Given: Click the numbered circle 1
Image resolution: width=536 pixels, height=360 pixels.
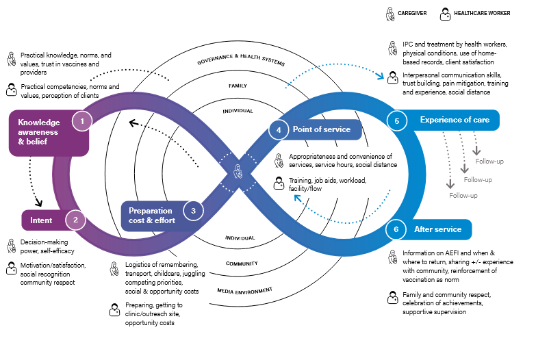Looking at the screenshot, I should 82,121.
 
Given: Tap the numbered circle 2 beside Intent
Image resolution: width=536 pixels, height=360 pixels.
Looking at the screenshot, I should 75,220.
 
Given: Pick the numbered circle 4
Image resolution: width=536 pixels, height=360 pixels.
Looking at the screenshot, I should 279,129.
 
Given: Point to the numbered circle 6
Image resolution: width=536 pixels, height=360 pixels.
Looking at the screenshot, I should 396,229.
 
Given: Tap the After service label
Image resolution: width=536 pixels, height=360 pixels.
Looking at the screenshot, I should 438,229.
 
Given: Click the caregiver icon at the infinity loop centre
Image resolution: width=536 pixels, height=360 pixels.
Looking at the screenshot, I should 237,171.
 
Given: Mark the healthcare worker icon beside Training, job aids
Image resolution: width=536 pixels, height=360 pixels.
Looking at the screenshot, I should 279,183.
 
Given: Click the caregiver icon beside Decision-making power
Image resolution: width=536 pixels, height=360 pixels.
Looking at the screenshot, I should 11,244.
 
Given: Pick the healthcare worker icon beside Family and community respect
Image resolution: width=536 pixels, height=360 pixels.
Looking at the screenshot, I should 393,298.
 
